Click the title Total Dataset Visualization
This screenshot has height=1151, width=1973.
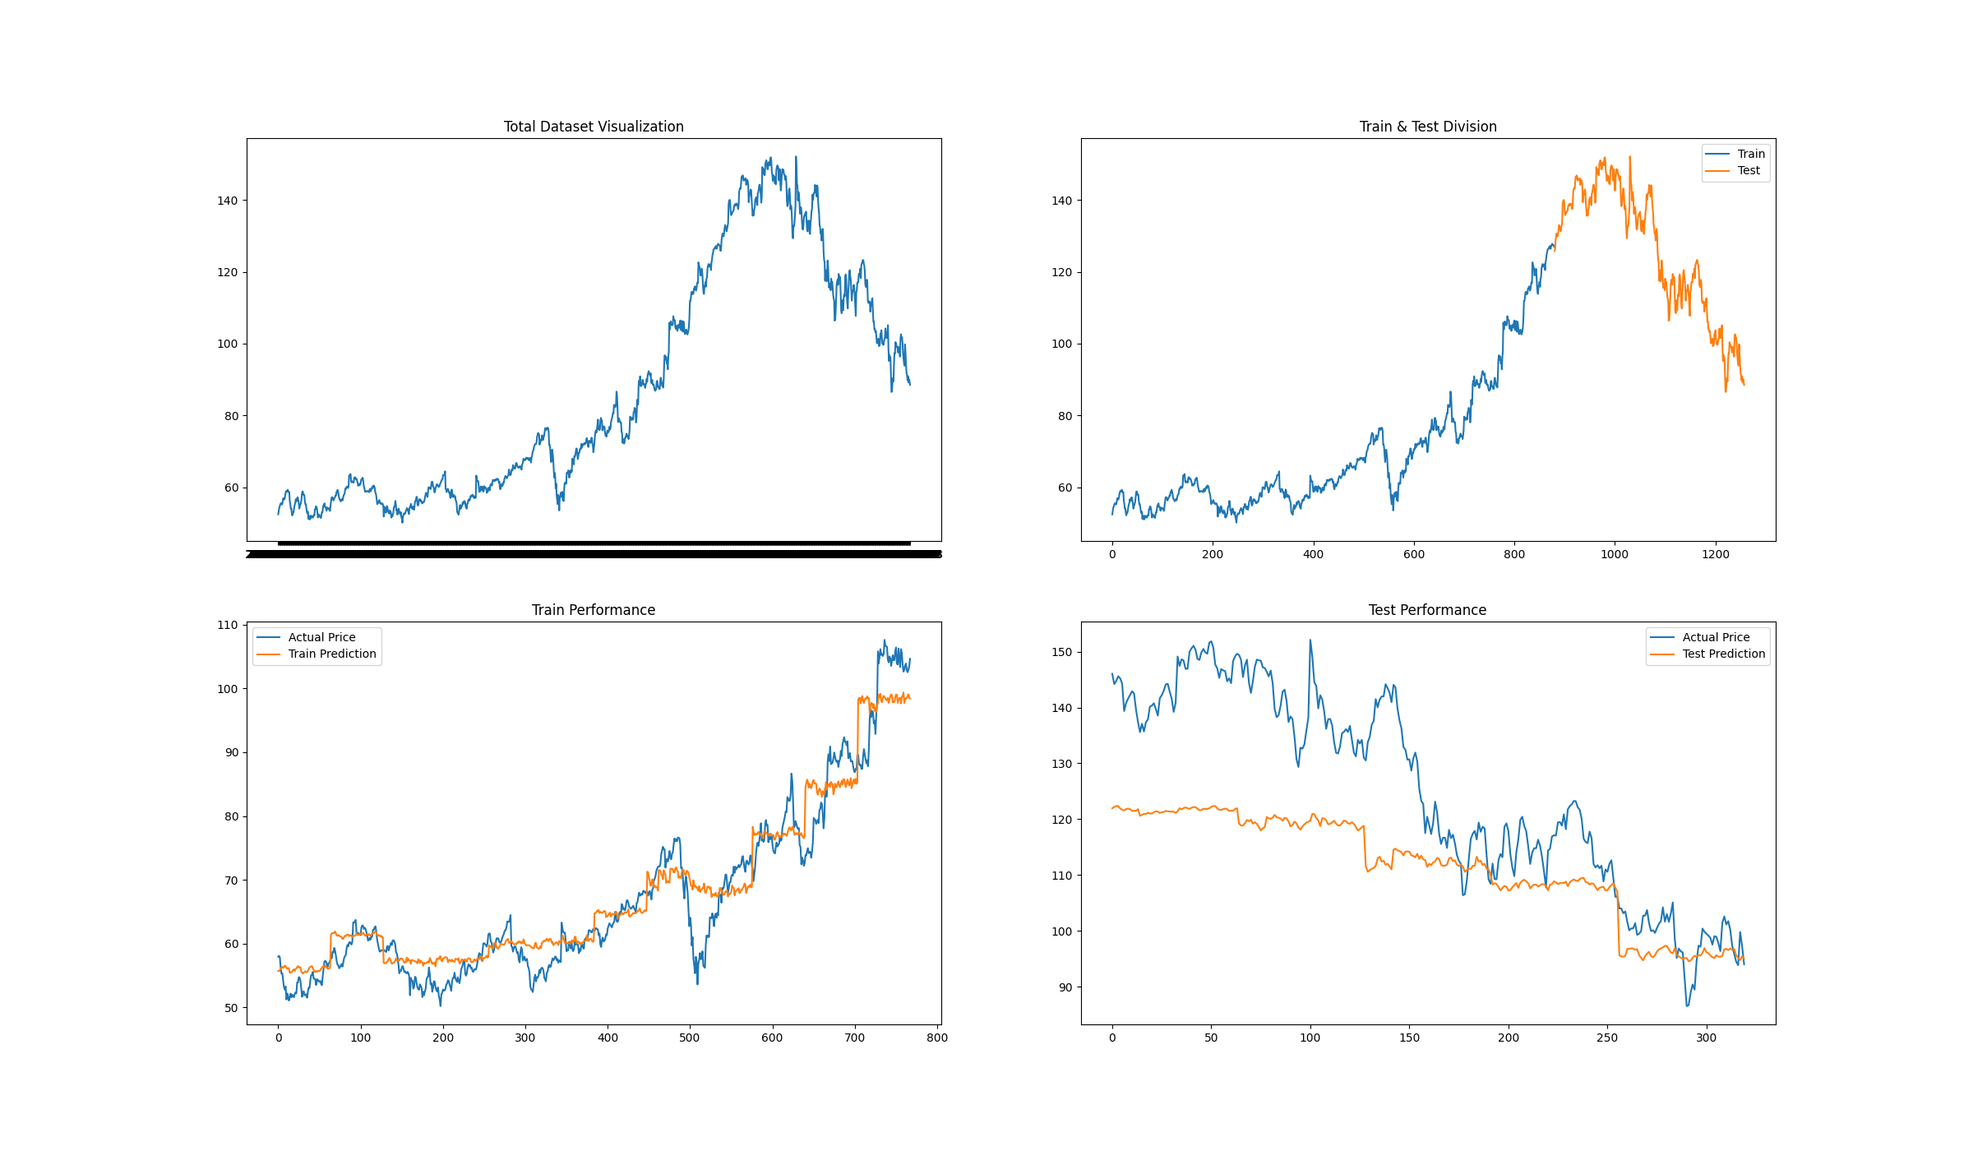tap(594, 127)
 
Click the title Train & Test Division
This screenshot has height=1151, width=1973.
tap(1428, 127)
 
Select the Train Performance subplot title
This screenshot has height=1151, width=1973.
tap(594, 610)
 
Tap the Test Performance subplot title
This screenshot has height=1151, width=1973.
tap(1427, 610)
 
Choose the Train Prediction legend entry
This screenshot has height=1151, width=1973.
tap(331, 654)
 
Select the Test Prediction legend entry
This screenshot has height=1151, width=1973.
tap(1723, 654)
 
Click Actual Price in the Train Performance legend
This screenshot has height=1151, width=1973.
tap(321, 637)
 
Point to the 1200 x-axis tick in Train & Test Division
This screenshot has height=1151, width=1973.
tap(1716, 555)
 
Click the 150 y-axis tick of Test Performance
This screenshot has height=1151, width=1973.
tap(1061, 652)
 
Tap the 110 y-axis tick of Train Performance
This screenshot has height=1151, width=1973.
tap(227, 625)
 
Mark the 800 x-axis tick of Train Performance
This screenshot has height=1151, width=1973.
tap(937, 1038)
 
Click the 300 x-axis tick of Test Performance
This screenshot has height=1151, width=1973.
tap(1707, 1038)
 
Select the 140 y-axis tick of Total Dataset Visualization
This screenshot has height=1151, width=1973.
tap(227, 201)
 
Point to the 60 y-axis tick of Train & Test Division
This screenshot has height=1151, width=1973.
tap(1065, 488)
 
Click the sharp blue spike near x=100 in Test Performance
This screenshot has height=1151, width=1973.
tap(1310, 640)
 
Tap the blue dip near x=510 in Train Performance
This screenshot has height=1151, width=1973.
tap(698, 983)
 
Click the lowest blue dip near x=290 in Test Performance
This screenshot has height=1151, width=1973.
tap(1687, 1005)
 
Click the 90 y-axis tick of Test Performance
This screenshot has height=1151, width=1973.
tap(1065, 987)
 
